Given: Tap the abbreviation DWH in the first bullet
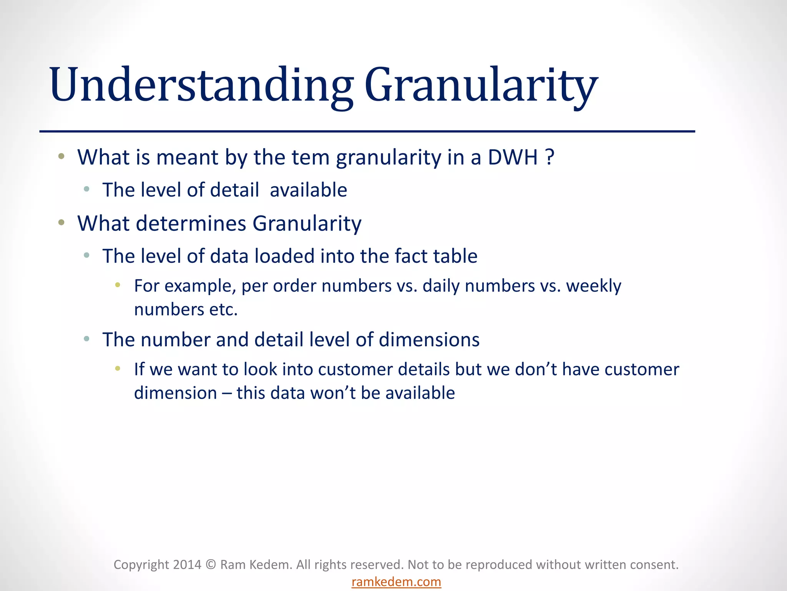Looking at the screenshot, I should pos(513,157).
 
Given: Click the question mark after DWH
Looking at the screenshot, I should pos(550,157).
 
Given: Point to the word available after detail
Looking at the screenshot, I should pos(308,190).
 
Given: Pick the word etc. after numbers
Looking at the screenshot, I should pos(223,310).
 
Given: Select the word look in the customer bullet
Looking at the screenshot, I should pos(260,369).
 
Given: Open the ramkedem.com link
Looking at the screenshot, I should pos(396,582).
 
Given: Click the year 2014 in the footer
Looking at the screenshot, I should pos(187,564).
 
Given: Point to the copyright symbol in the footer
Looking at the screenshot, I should pos(211,564).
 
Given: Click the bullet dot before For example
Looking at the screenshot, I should pos(118,285).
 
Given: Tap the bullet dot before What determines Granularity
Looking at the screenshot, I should pos(61,222).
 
